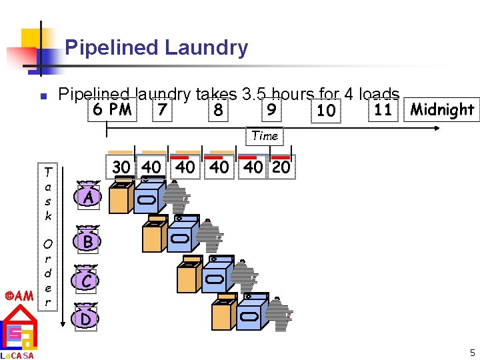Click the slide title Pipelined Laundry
click(x=156, y=48)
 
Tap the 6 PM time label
click(x=113, y=109)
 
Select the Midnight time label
click(x=443, y=109)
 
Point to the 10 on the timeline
click(x=326, y=110)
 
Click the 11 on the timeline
click(x=383, y=109)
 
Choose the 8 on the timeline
click(x=217, y=109)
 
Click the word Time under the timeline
click(x=265, y=136)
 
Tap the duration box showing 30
click(x=121, y=167)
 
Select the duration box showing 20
click(x=281, y=167)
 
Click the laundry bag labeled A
click(x=88, y=197)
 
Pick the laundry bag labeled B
click(x=88, y=241)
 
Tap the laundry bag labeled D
click(x=86, y=319)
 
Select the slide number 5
click(x=471, y=353)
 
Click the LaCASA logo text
click(x=19, y=355)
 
